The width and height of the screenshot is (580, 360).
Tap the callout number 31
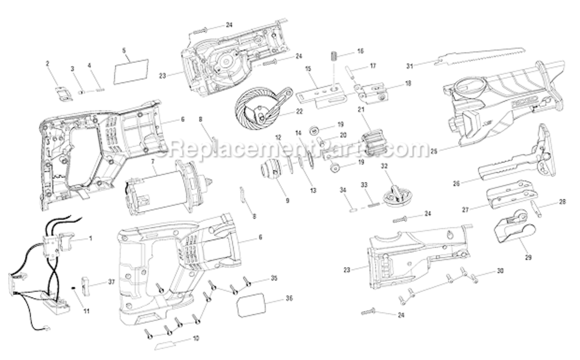409,66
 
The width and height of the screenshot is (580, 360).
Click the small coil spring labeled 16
333,56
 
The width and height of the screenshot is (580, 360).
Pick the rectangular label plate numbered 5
131,72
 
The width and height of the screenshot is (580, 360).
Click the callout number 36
289,298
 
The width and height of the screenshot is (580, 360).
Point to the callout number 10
195,338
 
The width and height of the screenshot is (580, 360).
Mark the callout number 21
361,110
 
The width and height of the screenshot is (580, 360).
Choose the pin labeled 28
536,209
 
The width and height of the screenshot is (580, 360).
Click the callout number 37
112,282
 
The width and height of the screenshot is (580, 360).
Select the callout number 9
288,200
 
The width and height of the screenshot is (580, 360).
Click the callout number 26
456,183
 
